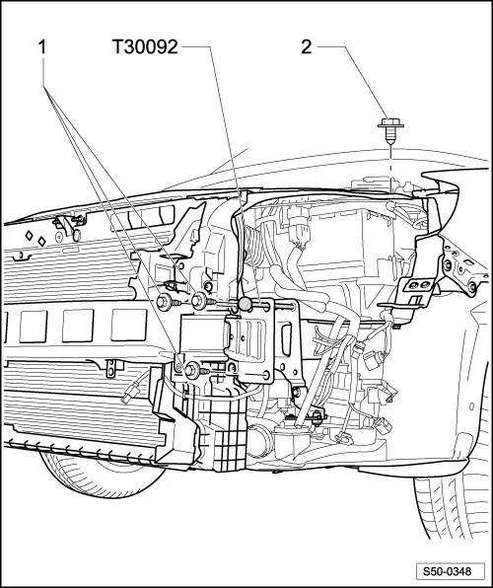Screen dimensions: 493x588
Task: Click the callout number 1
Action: tap(42, 47)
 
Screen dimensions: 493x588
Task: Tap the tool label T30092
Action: tap(145, 47)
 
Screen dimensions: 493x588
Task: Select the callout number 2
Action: tap(307, 47)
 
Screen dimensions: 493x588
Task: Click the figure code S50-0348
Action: tap(448, 572)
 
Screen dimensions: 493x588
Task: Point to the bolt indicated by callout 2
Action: tap(390, 131)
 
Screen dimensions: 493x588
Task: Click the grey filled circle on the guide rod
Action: tap(246, 304)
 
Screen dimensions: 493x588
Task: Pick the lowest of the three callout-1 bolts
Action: tap(193, 369)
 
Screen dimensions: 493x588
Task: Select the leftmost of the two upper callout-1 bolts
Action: tap(164, 302)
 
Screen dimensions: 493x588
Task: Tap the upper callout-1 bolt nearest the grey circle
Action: tap(199, 301)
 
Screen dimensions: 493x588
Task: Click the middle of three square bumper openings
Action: tap(78, 326)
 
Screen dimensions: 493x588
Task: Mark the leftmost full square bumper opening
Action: tap(33, 327)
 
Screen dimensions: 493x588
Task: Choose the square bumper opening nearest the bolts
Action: tap(128, 325)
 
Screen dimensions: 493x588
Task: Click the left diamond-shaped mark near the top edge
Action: tap(29, 236)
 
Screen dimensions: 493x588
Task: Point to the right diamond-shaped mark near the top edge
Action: tap(41, 242)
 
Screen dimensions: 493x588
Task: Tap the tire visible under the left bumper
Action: tap(104, 477)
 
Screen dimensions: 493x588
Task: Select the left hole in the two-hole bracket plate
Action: tap(413, 285)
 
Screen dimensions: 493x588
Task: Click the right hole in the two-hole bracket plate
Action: tap(425, 284)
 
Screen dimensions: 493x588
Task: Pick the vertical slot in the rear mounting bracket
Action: tap(287, 339)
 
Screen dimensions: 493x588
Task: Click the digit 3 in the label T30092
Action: tap(128, 47)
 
